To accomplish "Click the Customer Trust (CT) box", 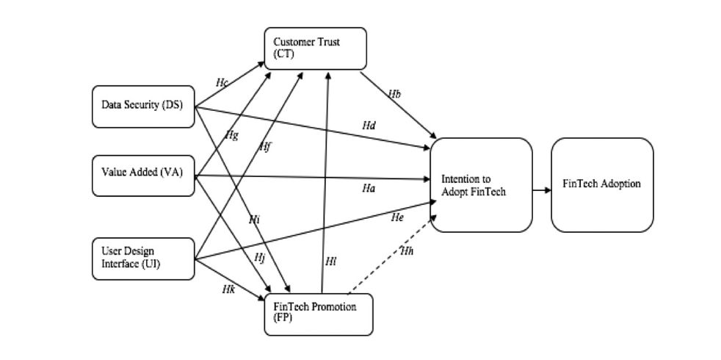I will (x=315, y=48).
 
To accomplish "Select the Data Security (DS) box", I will (x=143, y=105).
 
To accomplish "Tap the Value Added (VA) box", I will (x=143, y=175).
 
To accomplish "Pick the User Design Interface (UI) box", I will (x=143, y=259).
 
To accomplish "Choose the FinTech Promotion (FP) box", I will (x=319, y=314).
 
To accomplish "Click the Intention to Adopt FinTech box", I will (x=481, y=185).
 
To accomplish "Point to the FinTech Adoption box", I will (x=602, y=185).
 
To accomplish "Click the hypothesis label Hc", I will (x=222, y=82).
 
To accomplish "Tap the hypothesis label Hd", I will (x=369, y=126).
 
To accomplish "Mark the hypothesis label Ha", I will (x=369, y=189).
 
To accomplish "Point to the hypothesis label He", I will (x=397, y=217).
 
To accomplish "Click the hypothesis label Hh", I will (x=407, y=252).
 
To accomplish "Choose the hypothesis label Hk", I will (x=228, y=289).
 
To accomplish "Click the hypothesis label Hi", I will (x=254, y=219).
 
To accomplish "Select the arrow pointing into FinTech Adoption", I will (x=542, y=190).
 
